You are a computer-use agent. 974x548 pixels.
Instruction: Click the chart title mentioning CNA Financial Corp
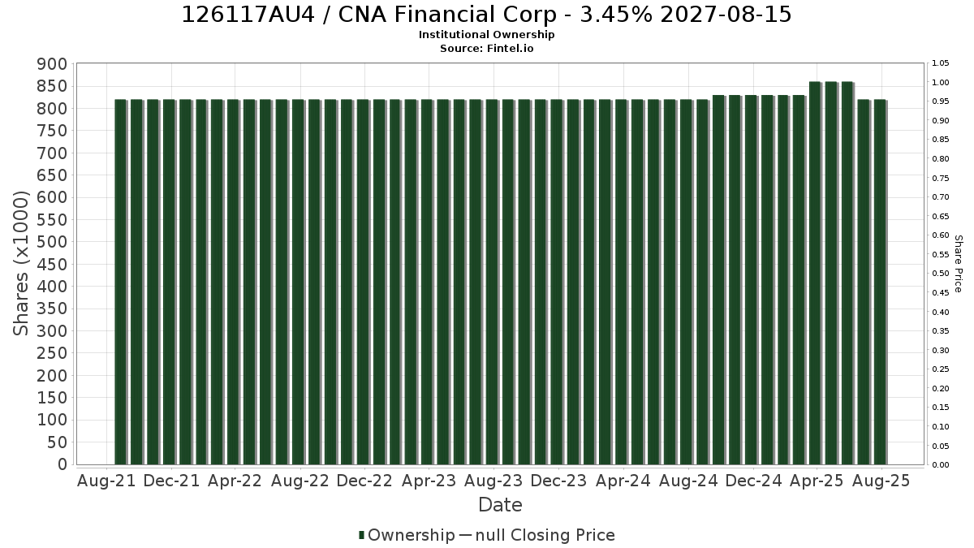486,15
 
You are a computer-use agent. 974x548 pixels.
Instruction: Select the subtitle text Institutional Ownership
486,35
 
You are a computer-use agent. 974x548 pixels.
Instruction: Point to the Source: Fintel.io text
486,48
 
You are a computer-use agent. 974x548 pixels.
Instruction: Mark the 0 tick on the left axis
63,464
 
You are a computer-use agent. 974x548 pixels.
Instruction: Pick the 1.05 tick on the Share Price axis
941,63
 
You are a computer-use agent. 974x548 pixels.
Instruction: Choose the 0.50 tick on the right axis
941,274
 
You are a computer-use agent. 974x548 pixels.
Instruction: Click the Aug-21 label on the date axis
106,481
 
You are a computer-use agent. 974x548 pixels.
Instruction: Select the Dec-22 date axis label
364,481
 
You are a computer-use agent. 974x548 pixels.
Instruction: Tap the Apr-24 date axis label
623,481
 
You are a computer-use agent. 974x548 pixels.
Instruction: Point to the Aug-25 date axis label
881,481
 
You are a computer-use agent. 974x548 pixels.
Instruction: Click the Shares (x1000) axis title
20,264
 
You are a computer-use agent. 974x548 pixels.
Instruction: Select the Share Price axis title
958,264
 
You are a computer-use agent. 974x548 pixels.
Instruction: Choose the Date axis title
500,505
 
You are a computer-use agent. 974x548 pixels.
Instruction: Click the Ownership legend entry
407,535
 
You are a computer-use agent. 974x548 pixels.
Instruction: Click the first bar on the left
120,282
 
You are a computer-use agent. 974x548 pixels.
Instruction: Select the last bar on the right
881,282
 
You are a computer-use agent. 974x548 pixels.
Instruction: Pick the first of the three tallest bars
815,273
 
